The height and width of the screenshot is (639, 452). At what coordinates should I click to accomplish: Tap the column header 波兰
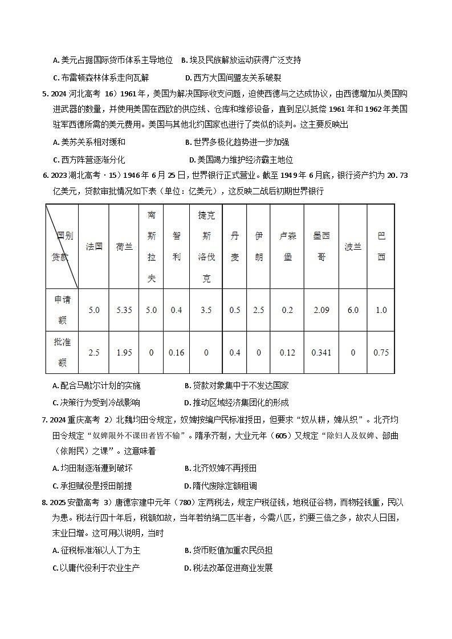point(353,246)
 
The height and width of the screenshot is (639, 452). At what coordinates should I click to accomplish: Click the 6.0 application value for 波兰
point(353,310)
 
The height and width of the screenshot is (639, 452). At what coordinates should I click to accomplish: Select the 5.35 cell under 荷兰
point(124,310)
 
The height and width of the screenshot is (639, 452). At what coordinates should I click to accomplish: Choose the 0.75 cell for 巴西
point(381,353)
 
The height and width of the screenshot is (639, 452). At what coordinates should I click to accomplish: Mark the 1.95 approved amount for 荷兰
point(124,353)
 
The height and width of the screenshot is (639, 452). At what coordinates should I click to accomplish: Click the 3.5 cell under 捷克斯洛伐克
point(206,310)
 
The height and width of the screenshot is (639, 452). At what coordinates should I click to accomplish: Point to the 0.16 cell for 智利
point(177,353)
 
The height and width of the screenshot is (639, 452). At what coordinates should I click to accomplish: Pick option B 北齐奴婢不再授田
point(221,468)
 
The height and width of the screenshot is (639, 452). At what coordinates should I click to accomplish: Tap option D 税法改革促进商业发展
point(229,568)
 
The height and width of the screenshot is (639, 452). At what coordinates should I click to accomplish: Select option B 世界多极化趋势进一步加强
point(237,142)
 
